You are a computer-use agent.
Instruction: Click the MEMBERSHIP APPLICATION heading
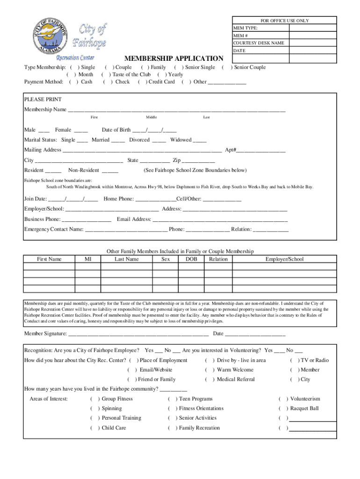click(x=173, y=58)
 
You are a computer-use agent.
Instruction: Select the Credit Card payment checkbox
click(x=142, y=82)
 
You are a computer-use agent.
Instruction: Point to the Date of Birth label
click(x=116, y=130)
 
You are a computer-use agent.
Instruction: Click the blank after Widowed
click(x=199, y=140)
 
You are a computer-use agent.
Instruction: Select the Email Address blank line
click(x=220, y=219)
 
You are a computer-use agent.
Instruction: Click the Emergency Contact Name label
click(x=54, y=229)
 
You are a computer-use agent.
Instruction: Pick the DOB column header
click(x=191, y=259)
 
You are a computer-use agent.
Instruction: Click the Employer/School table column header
click(x=284, y=259)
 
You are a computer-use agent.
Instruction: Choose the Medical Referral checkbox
click(x=209, y=379)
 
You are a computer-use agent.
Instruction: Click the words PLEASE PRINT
click(x=43, y=100)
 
